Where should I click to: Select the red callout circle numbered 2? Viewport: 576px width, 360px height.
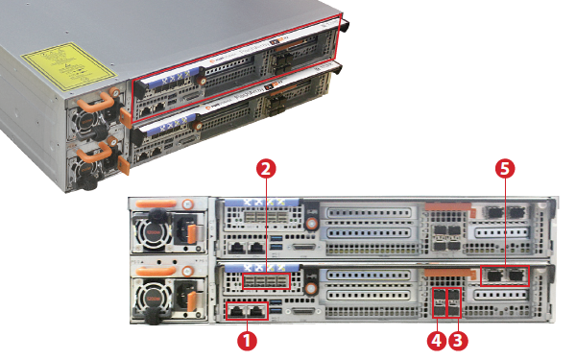268,167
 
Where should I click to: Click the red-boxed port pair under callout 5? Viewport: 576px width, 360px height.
504,276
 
